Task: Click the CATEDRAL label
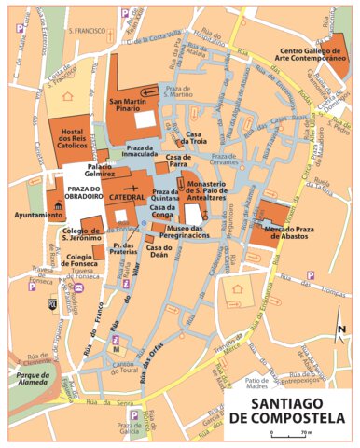point(127,199)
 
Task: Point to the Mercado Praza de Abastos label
point(279,233)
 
